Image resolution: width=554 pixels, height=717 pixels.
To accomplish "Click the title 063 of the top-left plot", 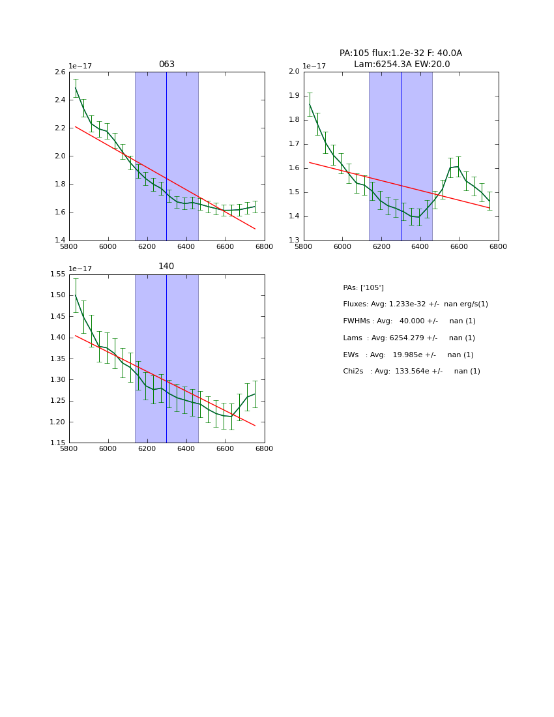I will click(166, 65).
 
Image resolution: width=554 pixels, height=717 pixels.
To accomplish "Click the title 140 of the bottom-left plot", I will click(166, 267).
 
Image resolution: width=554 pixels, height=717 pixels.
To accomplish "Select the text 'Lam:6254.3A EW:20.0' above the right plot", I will click(401, 65).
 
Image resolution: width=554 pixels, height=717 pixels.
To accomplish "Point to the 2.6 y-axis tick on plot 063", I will click(59, 72).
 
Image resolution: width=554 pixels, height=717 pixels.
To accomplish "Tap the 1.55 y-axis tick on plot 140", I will click(57, 274).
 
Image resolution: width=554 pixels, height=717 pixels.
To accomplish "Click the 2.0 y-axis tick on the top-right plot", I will click(294, 72).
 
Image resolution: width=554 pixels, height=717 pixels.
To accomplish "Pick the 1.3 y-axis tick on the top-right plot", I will click(294, 241).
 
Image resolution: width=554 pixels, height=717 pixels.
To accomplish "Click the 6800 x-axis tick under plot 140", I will click(264, 448).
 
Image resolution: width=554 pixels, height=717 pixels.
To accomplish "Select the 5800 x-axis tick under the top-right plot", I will click(304, 246).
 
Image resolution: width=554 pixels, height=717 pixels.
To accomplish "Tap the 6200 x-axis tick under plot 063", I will click(147, 246).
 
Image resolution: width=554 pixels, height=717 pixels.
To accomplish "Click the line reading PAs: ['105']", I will click(363, 287).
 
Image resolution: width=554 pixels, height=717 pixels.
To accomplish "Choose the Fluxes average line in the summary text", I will click(415, 304).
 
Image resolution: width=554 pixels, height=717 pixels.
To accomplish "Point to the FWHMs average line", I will click(409, 321).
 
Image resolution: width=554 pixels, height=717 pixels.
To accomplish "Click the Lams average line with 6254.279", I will click(409, 338).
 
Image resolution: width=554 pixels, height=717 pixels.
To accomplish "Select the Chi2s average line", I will click(411, 372).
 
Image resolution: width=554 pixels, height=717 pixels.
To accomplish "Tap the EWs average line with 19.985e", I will click(408, 355).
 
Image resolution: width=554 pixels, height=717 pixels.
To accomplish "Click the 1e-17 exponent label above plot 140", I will click(80, 269).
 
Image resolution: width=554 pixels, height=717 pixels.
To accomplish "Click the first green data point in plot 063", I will click(76, 88).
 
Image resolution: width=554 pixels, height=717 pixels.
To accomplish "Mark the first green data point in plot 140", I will click(76, 295).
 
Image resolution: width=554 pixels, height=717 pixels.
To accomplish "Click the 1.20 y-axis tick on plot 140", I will click(57, 422).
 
